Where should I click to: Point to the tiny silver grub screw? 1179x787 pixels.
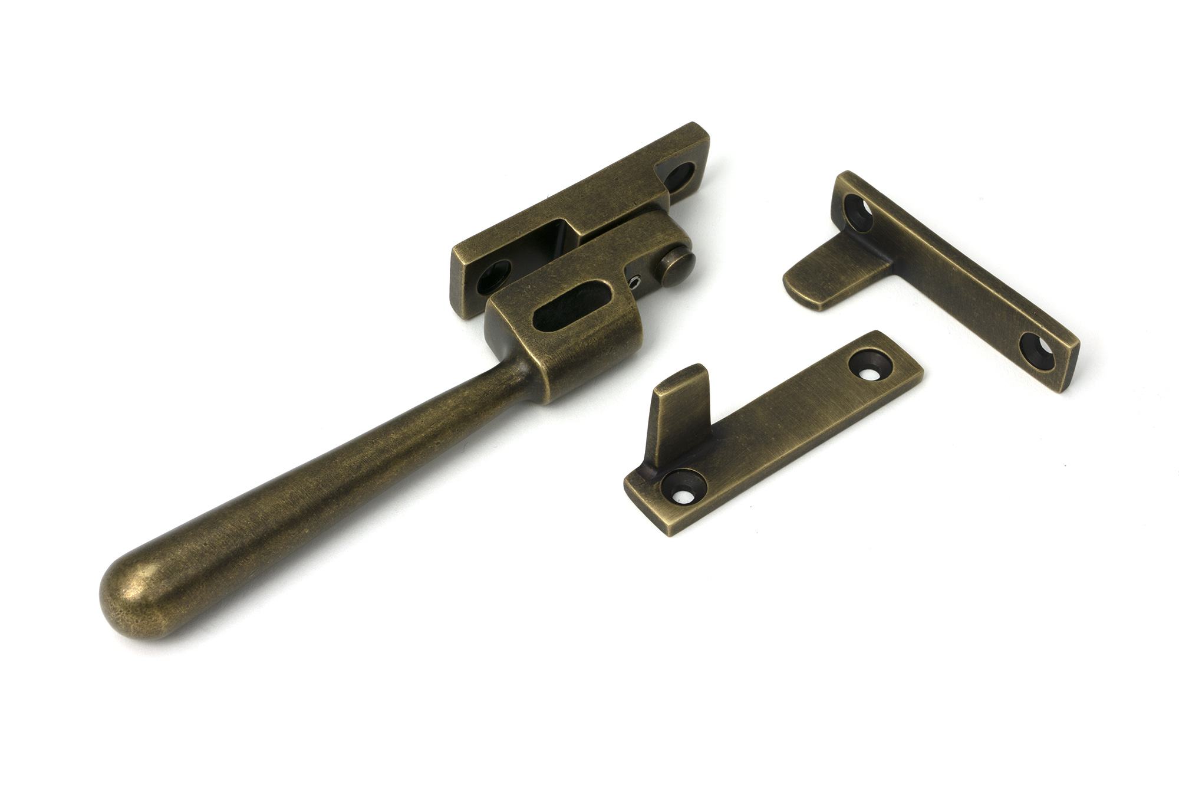coord(635,283)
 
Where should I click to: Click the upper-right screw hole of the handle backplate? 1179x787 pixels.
coord(680,175)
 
